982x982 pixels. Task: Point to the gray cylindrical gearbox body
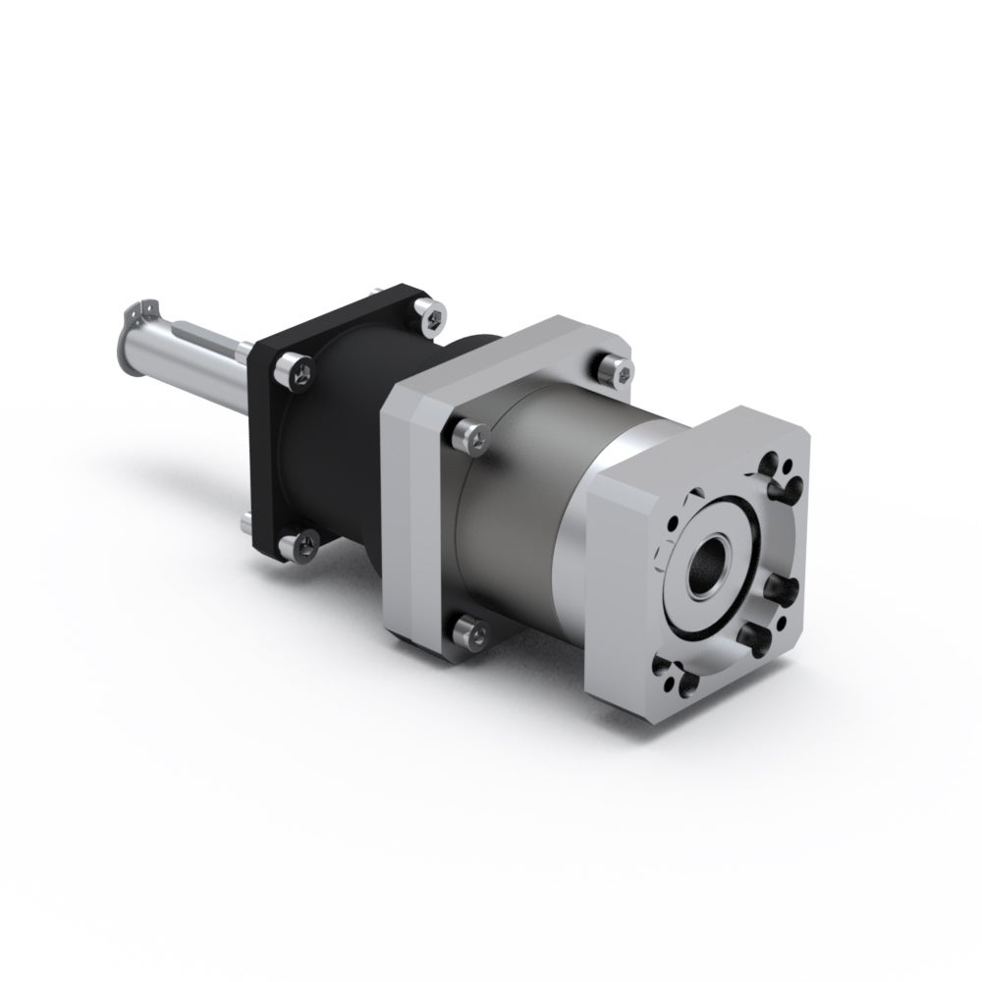coord(530,511)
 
